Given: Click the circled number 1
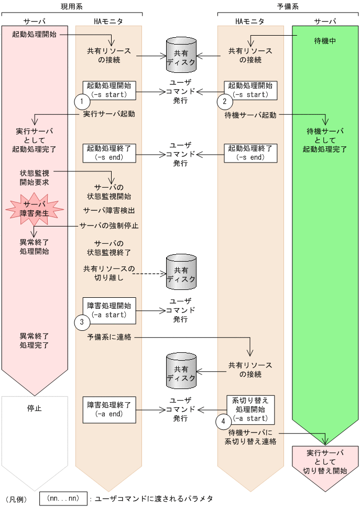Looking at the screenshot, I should (x=81, y=100).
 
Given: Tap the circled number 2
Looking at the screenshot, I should (x=224, y=100).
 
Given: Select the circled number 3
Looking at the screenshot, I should (x=81, y=322).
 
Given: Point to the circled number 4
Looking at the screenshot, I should (x=223, y=421).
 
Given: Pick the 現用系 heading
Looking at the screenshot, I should (x=71, y=7).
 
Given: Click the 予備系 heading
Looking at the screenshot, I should (x=288, y=7).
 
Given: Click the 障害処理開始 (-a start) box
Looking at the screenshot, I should (x=109, y=310).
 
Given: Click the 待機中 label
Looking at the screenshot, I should (x=325, y=40).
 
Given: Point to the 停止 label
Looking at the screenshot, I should (x=35, y=407).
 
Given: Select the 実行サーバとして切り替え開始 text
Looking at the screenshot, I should (x=325, y=461).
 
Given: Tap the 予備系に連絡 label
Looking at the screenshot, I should (x=109, y=338).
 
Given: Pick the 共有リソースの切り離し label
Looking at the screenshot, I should (x=109, y=273).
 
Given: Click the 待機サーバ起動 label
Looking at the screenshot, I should (x=250, y=115).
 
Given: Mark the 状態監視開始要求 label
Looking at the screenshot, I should (x=35, y=177).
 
